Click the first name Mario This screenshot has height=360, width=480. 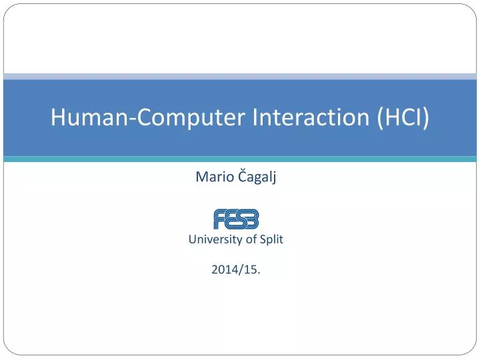pos(209,177)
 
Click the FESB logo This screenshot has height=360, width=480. pos(236,219)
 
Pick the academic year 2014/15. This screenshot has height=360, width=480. pos(236,269)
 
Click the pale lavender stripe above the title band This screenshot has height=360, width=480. pos(240,76)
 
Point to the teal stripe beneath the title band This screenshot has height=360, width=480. pos(240,159)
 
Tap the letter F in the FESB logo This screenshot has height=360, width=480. pos(220,219)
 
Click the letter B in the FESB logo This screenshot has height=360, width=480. pos(251,219)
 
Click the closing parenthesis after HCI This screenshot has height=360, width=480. pos(425,118)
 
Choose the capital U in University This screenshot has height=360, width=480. pos(193,239)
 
